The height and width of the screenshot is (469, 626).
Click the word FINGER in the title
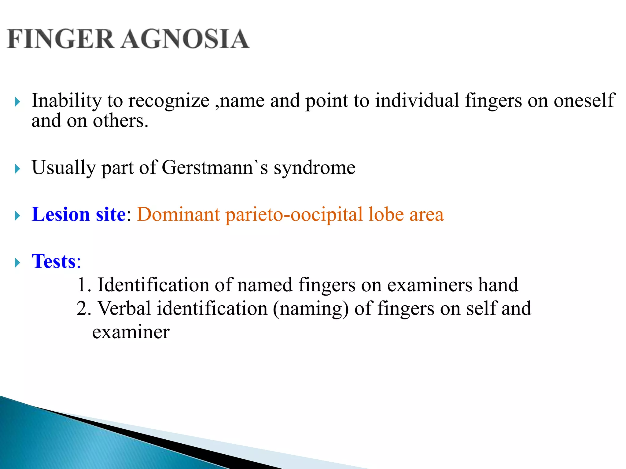[x=61, y=39]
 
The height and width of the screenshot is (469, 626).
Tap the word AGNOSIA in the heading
[x=185, y=39]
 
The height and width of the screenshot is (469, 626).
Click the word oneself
[x=584, y=100]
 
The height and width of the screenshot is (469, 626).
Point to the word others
[x=120, y=121]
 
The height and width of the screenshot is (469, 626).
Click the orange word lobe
[x=386, y=214]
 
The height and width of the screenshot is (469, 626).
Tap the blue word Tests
[x=54, y=261]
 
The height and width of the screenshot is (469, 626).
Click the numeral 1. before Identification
[x=84, y=285]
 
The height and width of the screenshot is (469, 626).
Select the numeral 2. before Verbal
[x=84, y=309]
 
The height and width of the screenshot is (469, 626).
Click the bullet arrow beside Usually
[x=17, y=169]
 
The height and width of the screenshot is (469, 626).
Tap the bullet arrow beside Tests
[x=17, y=263]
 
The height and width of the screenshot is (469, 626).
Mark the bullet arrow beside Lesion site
[x=17, y=216]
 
